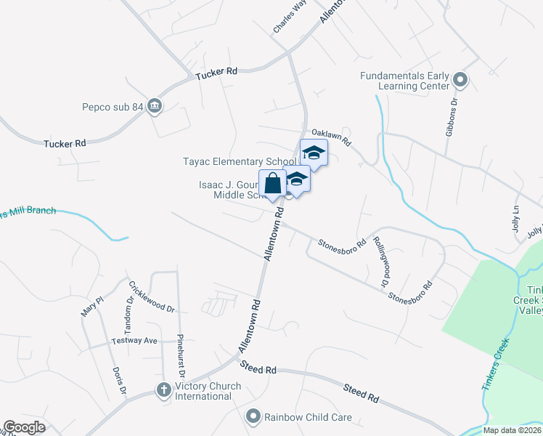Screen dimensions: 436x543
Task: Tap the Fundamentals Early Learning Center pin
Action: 460,80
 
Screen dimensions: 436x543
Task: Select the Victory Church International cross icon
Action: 164,390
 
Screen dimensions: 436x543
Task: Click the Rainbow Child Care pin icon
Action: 253,417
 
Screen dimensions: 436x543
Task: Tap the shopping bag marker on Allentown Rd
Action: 272,184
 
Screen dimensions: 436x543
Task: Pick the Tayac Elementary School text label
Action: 239,161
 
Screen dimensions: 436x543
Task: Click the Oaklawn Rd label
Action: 331,137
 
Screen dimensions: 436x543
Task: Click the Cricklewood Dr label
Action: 151,296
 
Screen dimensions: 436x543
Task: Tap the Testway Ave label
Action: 134,341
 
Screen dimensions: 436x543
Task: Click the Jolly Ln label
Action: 516,214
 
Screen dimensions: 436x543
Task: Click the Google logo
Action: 24,427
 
